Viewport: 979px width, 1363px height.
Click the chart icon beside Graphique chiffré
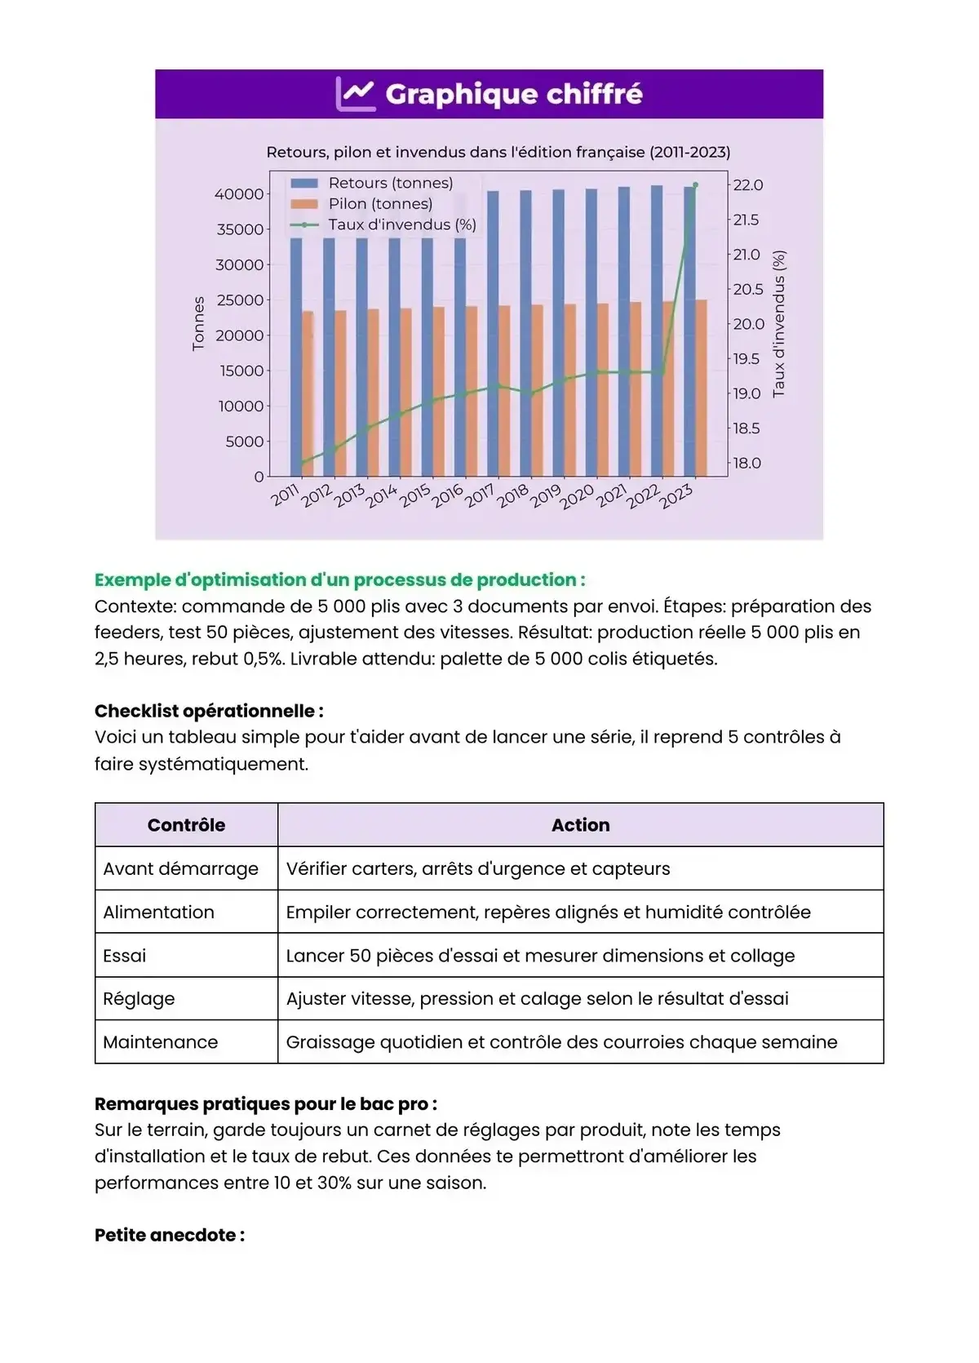point(356,94)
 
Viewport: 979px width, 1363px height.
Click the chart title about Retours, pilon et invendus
point(498,152)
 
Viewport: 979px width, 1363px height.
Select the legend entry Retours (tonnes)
point(390,183)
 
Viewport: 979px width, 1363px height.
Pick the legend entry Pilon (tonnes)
point(380,204)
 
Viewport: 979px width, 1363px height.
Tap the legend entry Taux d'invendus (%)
point(401,224)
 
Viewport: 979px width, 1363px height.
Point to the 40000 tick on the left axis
point(239,194)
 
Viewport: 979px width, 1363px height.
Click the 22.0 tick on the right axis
point(747,185)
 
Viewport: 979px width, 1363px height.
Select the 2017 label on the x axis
point(480,495)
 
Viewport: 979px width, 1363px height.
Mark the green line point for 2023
point(695,185)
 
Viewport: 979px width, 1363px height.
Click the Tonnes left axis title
point(198,324)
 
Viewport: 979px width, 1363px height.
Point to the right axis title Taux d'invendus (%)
point(779,324)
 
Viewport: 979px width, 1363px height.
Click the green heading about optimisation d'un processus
point(339,580)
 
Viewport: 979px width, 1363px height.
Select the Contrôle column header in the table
point(186,825)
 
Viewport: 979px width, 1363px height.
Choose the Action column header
point(580,825)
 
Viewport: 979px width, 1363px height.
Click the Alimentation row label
point(158,912)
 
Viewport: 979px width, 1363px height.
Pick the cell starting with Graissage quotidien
point(561,1042)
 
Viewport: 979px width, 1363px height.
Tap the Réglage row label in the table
point(139,999)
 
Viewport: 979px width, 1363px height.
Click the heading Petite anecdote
point(170,1236)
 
